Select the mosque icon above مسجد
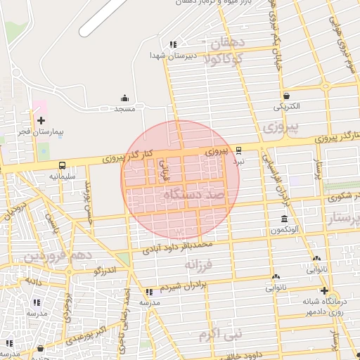click(x=125, y=98)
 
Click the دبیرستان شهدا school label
click(x=167, y=54)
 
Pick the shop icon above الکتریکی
click(x=287, y=96)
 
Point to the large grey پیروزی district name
click(x=280, y=127)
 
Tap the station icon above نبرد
click(x=239, y=150)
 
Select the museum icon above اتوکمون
click(x=283, y=219)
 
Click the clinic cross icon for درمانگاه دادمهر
click(x=323, y=290)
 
